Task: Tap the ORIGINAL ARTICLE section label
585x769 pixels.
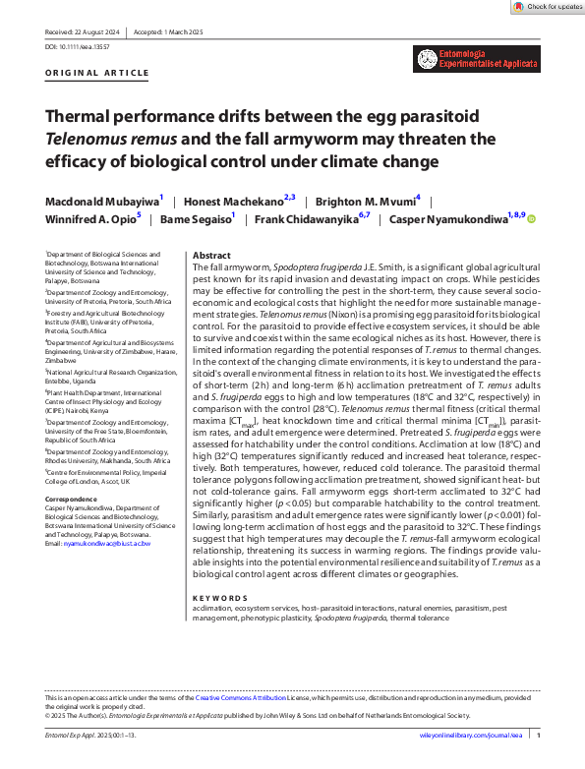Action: click(86, 75)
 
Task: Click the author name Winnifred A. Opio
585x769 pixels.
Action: click(89, 218)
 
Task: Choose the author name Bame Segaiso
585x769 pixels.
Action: click(198, 218)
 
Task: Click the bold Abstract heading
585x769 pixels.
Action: click(211, 253)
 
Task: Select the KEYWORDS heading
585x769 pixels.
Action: click(215, 598)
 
